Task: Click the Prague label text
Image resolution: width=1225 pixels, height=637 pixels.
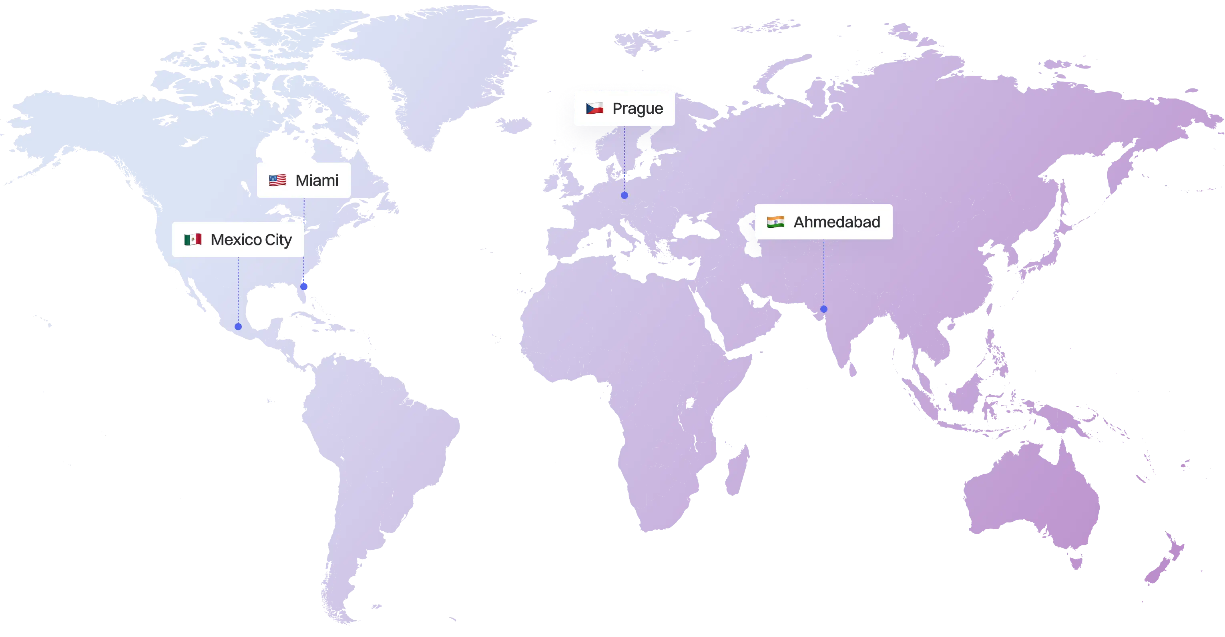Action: pyautogui.click(x=637, y=109)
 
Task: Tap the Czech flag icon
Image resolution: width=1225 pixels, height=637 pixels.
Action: pyautogui.click(x=594, y=109)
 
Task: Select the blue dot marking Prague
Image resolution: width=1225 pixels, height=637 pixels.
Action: pyautogui.click(x=625, y=195)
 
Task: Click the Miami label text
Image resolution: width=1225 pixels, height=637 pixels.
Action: pyautogui.click(x=317, y=180)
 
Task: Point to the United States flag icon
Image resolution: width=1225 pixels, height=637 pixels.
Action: pyautogui.click(x=278, y=180)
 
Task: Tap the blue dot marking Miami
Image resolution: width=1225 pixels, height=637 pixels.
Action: pyautogui.click(x=304, y=286)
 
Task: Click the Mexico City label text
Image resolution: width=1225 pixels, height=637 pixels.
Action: pyautogui.click(x=251, y=240)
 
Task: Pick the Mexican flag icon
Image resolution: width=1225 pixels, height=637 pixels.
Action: pyautogui.click(x=193, y=239)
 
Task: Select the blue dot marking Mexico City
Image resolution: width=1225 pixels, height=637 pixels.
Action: pyautogui.click(x=238, y=327)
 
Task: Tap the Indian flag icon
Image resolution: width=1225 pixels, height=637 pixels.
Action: pyautogui.click(x=775, y=222)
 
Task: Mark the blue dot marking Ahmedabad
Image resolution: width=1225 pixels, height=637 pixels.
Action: pyautogui.click(x=824, y=309)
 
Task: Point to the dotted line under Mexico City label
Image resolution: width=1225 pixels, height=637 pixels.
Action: pyautogui.click(x=238, y=290)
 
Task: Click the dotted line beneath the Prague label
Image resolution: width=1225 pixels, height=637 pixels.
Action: pyautogui.click(x=625, y=157)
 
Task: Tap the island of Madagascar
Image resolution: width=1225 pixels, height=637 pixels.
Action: pyautogui.click(x=736, y=468)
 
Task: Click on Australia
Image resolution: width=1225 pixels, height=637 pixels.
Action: pyautogui.click(x=1032, y=500)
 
